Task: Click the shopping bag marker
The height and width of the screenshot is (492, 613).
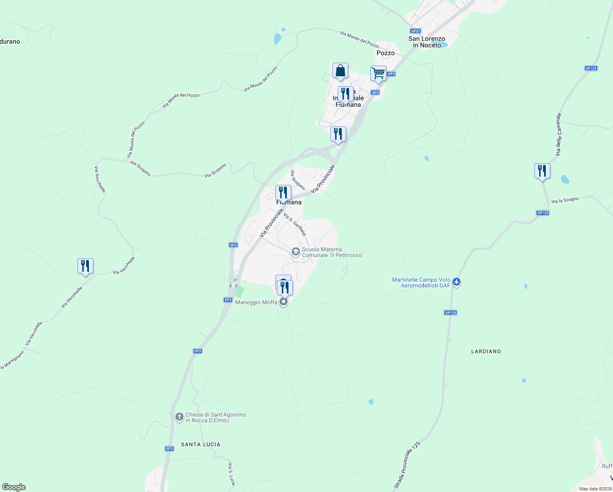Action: click(340, 71)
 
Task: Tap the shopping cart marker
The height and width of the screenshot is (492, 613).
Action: click(378, 74)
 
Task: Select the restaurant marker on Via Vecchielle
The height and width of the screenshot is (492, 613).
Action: click(85, 266)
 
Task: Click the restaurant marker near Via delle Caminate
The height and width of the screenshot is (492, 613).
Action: click(542, 171)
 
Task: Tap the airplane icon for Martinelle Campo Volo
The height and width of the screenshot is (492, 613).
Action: click(457, 282)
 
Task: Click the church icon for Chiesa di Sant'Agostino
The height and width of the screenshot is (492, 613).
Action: click(179, 417)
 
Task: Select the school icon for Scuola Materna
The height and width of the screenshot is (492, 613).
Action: click(295, 252)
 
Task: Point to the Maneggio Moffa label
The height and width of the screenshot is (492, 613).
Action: click(256, 302)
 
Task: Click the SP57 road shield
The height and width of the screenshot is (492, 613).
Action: click(415, 31)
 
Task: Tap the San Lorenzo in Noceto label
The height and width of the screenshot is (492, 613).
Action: click(427, 42)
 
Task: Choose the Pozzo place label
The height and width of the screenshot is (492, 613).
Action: click(386, 53)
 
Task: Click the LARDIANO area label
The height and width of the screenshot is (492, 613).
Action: click(486, 351)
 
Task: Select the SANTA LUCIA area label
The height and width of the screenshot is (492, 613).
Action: click(201, 444)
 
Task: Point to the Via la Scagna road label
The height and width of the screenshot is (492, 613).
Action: click(565, 200)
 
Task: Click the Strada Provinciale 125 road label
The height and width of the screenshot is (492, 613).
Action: click(407, 465)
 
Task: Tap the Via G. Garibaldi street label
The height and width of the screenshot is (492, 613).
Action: click(295, 225)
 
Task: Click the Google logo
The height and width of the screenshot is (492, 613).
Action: click(14, 487)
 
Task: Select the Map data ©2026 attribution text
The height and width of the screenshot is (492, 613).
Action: click(595, 489)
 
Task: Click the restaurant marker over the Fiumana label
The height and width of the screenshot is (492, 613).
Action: click(283, 193)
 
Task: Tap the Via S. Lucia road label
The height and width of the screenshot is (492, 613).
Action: click(232, 474)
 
